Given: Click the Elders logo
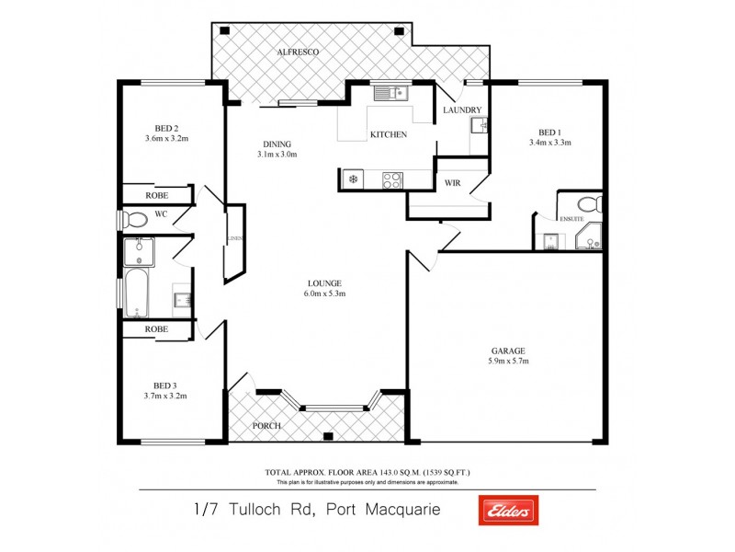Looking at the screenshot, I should click(x=508, y=510).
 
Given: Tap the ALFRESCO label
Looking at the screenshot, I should click(x=298, y=52).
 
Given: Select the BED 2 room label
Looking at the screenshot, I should click(x=166, y=128).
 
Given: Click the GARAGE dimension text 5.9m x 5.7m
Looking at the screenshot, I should click(x=507, y=362).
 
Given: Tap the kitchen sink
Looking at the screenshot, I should click(x=390, y=92).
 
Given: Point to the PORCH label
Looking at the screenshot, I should click(x=267, y=426).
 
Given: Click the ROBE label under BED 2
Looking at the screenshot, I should click(x=156, y=196).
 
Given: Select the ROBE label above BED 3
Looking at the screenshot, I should click(x=156, y=328).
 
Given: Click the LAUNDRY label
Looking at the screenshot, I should click(x=461, y=110).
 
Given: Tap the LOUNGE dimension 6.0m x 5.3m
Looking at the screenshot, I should click(x=325, y=294).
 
